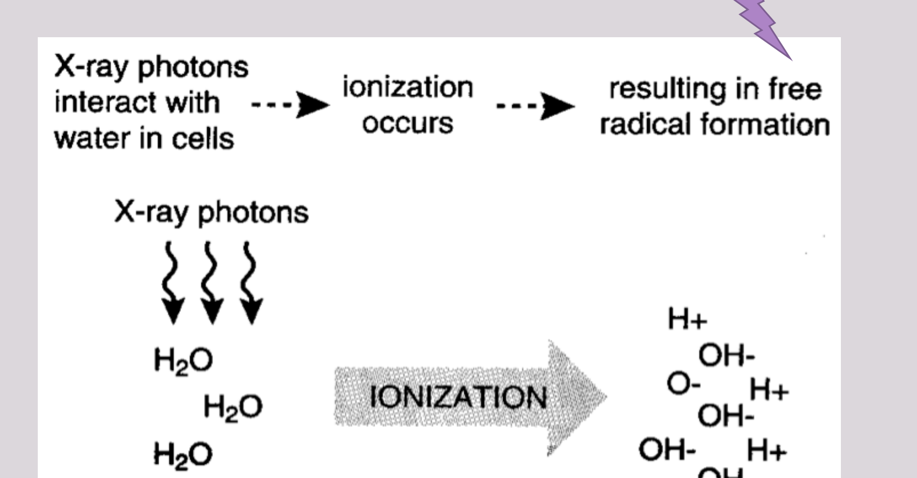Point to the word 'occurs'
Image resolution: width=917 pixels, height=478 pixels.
click(407, 123)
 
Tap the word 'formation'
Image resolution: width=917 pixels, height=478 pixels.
click(765, 124)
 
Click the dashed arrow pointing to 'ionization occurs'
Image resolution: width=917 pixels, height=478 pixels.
click(290, 105)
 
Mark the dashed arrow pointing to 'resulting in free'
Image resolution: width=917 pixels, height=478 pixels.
click(535, 106)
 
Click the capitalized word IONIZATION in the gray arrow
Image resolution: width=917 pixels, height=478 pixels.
click(458, 397)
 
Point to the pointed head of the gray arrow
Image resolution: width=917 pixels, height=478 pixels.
click(607, 396)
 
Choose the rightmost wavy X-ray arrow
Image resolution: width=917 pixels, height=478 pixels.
click(250, 282)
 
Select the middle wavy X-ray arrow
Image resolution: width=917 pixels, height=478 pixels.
click(211, 282)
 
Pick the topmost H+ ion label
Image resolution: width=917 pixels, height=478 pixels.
click(687, 319)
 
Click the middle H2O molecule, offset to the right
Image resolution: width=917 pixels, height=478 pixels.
click(233, 408)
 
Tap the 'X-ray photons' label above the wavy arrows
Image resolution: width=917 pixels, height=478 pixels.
click(211, 213)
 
